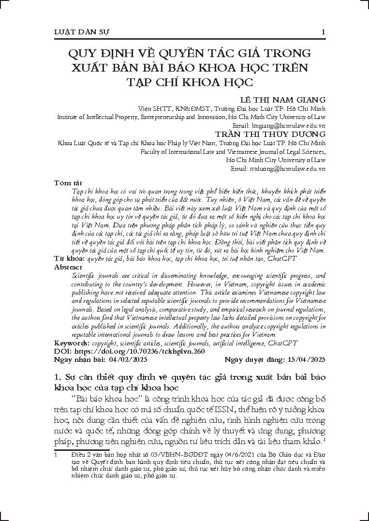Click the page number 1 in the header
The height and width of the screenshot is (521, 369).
pos(323,32)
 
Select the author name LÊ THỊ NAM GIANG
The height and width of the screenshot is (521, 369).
pos(283,100)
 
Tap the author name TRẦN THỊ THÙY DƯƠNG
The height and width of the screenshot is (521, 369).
pos(270,134)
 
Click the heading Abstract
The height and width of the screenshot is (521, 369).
pos(69,267)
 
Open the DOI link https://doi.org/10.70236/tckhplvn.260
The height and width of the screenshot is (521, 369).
pos(139,351)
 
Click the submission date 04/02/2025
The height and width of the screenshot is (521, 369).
pos(128,359)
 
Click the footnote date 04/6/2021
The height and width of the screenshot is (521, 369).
pos(208,455)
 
